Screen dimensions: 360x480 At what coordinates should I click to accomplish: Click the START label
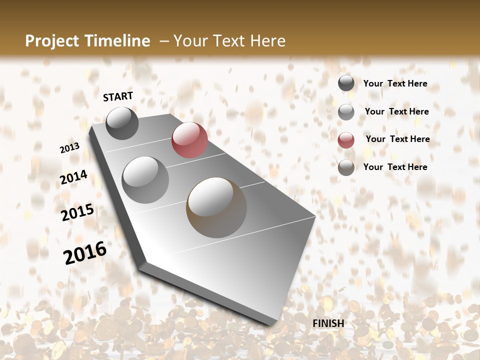[x=118, y=96]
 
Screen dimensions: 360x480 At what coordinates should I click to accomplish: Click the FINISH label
[x=328, y=323]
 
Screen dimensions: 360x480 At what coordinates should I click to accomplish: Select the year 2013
[x=70, y=148]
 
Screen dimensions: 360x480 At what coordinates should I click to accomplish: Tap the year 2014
[x=74, y=177]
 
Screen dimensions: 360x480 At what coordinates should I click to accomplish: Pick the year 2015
[x=77, y=212]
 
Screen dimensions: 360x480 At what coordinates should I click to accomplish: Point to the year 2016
[x=85, y=252]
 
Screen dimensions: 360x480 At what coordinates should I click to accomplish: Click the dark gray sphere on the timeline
[x=122, y=123]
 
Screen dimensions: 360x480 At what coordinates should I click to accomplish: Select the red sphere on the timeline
[x=189, y=140]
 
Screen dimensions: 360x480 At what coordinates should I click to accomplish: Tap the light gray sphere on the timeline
[x=145, y=179]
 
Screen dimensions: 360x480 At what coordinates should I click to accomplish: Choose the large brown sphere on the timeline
[x=216, y=207]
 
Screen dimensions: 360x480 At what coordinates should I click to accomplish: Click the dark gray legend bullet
[x=346, y=83]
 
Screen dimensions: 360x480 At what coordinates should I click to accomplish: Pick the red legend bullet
[x=346, y=139]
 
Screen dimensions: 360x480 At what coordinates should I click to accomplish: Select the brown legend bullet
[x=346, y=167]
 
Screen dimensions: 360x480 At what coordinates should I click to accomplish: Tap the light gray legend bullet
[x=346, y=111]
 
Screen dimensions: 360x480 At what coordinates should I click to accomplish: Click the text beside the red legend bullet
[x=397, y=139]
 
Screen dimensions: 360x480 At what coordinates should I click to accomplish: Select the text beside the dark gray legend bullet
[x=395, y=83]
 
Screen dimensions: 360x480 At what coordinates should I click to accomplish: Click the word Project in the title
[x=52, y=41]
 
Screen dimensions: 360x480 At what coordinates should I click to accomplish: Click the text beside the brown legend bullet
[x=395, y=167]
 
